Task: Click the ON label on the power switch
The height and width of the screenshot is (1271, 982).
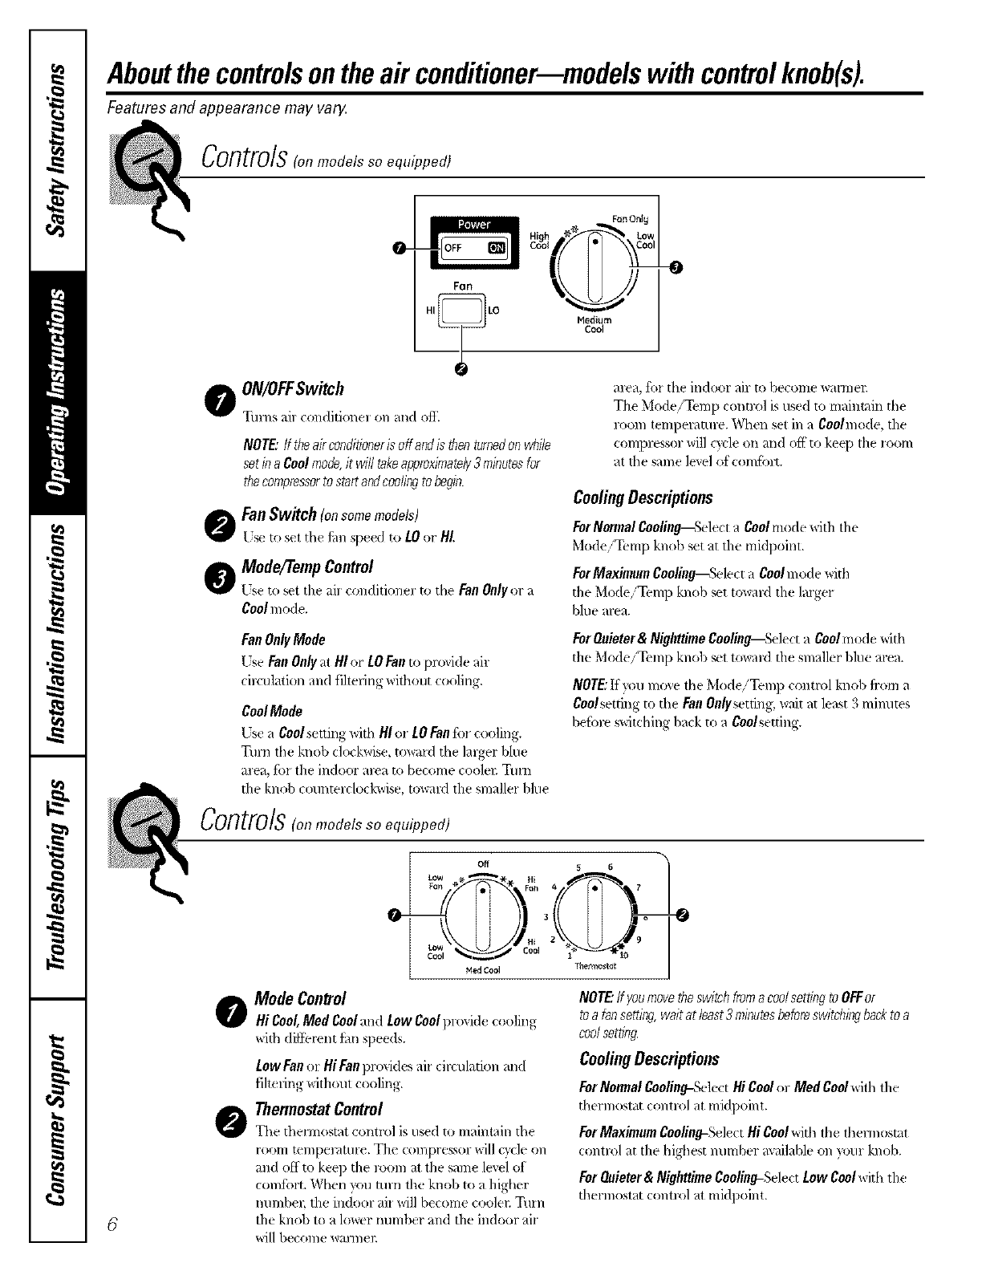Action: pos(497,249)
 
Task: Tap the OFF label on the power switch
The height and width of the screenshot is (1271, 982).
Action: pos(453,249)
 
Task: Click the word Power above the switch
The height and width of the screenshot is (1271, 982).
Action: pos(474,224)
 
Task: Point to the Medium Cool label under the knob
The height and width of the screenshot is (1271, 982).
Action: pos(594,324)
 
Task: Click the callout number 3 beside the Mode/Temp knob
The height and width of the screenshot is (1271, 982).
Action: pos(676,268)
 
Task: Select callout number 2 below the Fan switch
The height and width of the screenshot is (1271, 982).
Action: pos(461,367)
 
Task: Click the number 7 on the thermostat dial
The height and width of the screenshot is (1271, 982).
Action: pos(638,887)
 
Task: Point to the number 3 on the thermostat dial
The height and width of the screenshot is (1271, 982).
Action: pos(546,916)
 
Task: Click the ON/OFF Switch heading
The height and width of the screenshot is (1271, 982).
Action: pos(293,389)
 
